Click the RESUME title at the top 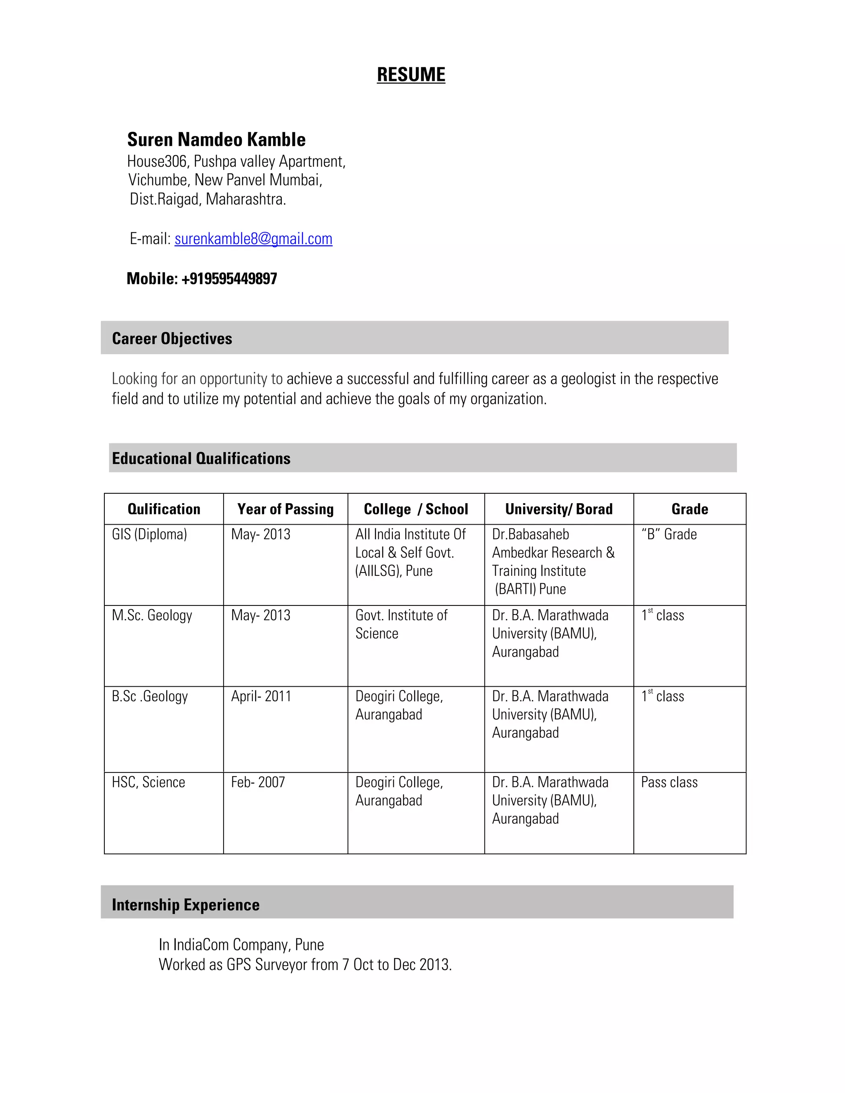coord(411,75)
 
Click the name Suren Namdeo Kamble coord(216,140)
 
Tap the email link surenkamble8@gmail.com coord(253,239)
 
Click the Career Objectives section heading coord(172,339)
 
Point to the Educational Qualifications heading coord(201,458)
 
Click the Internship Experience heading coord(185,905)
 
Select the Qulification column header coord(164,509)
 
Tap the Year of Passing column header coord(286,509)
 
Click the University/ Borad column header coord(559,509)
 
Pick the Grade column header coord(689,509)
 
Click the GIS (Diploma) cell coord(149,535)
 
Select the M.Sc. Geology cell coord(152,615)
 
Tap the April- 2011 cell coord(261,696)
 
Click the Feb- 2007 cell coord(258,782)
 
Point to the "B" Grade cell coord(669,535)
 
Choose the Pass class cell coord(669,782)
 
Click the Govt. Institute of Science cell coord(401,624)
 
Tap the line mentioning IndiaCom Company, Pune coord(241,945)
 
